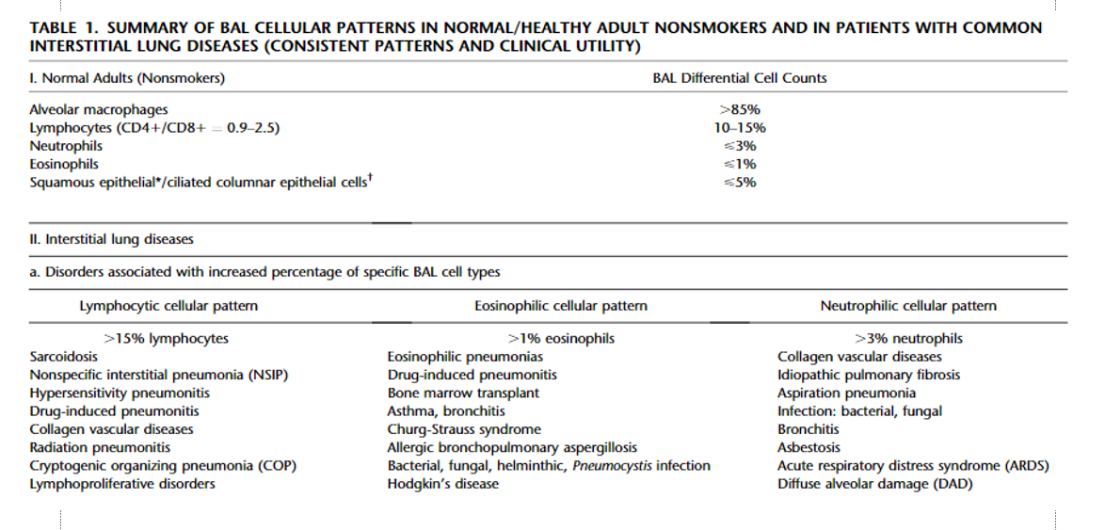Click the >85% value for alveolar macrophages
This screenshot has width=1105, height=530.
[x=739, y=110]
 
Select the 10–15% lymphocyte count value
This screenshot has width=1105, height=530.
[x=739, y=128]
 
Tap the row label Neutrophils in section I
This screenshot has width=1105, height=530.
[x=66, y=147]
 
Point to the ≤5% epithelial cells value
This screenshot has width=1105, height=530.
[x=739, y=183]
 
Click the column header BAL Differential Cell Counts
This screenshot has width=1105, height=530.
[x=739, y=78]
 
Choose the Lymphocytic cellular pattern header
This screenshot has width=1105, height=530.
[x=168, y=306]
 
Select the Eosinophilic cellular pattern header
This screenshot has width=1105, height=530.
[x=561, y=306]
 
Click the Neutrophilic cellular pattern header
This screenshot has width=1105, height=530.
[x=908, y=306]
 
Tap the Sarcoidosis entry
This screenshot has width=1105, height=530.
[x=63, y=357]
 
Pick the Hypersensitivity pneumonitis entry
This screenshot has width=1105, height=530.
[x=120, y=393]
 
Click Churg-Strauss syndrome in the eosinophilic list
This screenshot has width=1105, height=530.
[x=464, y=429]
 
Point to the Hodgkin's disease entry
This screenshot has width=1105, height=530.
[x=442, y=484]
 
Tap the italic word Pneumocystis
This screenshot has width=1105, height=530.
[x=613, y=466]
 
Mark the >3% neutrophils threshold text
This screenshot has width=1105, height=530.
[x=908, y=339]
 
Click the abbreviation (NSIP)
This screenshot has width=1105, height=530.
[x=268, y=375]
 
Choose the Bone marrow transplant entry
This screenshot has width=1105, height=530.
[x=463, y=393]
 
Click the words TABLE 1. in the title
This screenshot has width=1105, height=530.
[x=65, y=29]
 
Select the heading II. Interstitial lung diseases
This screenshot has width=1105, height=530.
[x=111, y=240]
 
